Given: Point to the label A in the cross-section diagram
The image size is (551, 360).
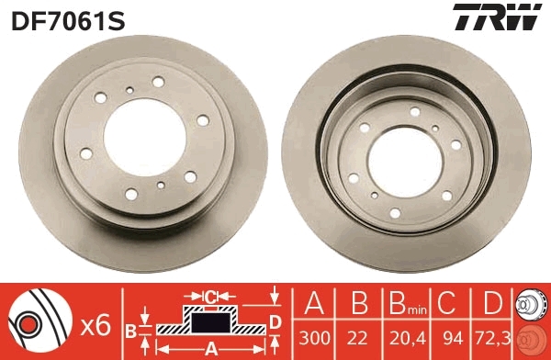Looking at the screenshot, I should [x=209, y=348].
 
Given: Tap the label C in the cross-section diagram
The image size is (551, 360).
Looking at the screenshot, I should [x=210, y=297].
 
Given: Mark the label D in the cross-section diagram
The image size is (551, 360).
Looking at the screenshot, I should [x=275, y=321].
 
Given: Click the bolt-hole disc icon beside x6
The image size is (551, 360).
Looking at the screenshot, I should [x=37, y=321].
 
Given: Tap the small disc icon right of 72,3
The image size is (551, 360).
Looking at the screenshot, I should [x=531, y=321].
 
